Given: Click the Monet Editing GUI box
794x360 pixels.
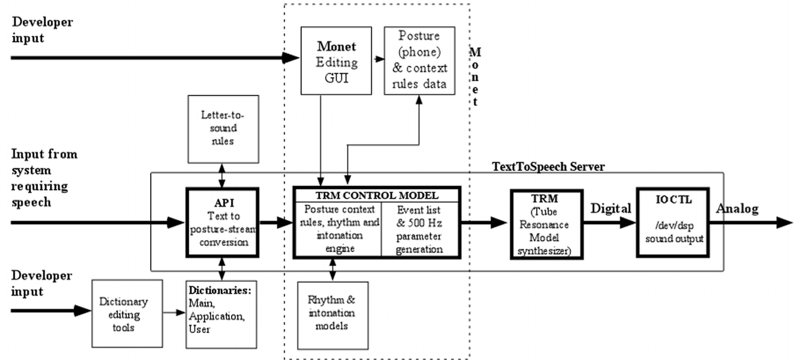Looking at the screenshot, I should point(336,61).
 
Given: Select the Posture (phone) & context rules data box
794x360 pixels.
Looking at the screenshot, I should point(419,61).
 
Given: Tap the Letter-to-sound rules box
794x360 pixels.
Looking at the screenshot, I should point(223,129).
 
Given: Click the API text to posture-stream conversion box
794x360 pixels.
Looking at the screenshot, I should point(222,222).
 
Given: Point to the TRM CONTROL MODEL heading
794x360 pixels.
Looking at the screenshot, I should point(377,195).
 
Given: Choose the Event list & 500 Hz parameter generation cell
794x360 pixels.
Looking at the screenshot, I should point(420,229).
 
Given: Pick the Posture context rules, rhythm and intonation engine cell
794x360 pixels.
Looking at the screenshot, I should point(339,229).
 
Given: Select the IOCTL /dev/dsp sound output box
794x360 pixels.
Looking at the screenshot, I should point(673,222).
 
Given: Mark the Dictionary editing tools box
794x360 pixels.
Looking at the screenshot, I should point(127,314).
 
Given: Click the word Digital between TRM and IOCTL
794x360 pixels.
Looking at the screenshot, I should point(610,209).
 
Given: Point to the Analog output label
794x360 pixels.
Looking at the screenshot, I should point(737,209).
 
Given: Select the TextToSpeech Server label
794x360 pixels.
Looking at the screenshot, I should point(548,167).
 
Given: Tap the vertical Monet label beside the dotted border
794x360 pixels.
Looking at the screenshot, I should point(475,76).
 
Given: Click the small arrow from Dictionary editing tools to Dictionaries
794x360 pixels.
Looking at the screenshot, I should point(174,312).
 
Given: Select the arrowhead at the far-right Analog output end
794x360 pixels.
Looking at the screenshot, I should point(784,222).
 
